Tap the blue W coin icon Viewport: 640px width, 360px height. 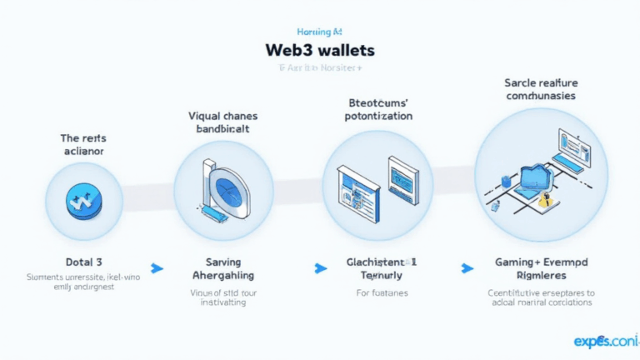point(81,200)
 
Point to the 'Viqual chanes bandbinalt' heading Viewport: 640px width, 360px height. point(222,123)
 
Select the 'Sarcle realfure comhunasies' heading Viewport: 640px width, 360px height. point(541,89)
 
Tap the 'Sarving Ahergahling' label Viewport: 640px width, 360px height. point(222,267)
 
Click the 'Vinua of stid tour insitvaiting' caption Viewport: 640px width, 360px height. point(222,298)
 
